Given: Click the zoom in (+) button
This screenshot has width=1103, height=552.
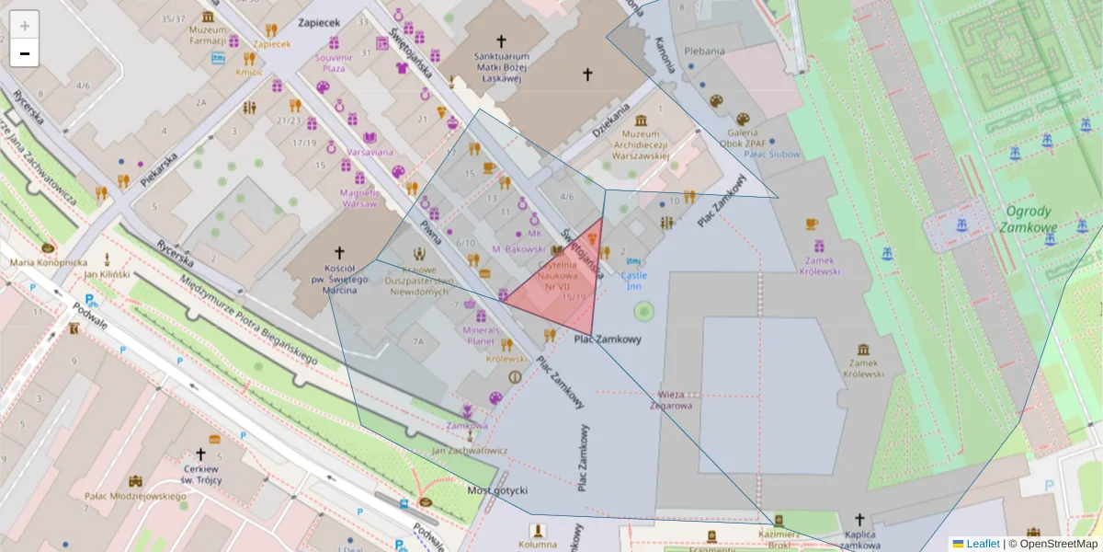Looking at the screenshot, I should [x=25, y=25].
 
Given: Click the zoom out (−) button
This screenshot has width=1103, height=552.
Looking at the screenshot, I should [x=25, y=53].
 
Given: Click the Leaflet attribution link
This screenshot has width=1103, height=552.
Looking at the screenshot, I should [x=983, y=544].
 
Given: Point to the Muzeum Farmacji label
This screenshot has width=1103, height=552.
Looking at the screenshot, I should [x=207, y=35].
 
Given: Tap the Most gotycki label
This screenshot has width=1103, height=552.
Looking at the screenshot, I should [x=497, y=489].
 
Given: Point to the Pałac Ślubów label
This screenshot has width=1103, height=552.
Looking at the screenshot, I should [x=748, y=154].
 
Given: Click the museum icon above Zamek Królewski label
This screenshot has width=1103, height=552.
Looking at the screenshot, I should [x=863, y=350].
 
